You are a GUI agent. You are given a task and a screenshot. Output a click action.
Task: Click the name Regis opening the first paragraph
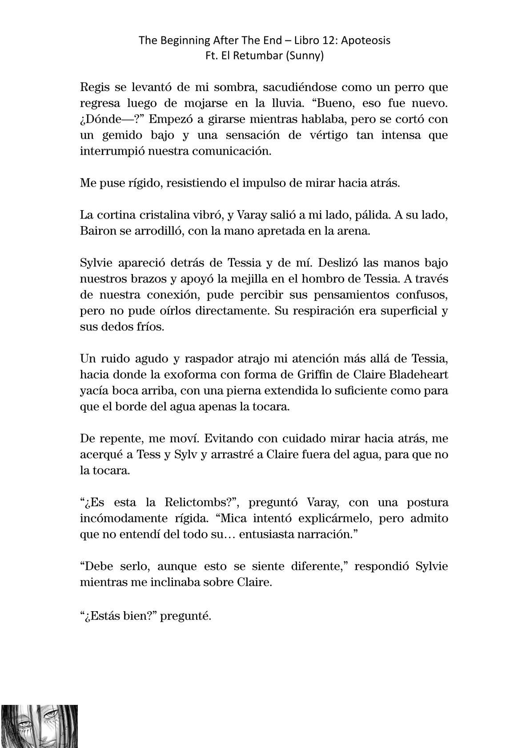pos(92,87)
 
